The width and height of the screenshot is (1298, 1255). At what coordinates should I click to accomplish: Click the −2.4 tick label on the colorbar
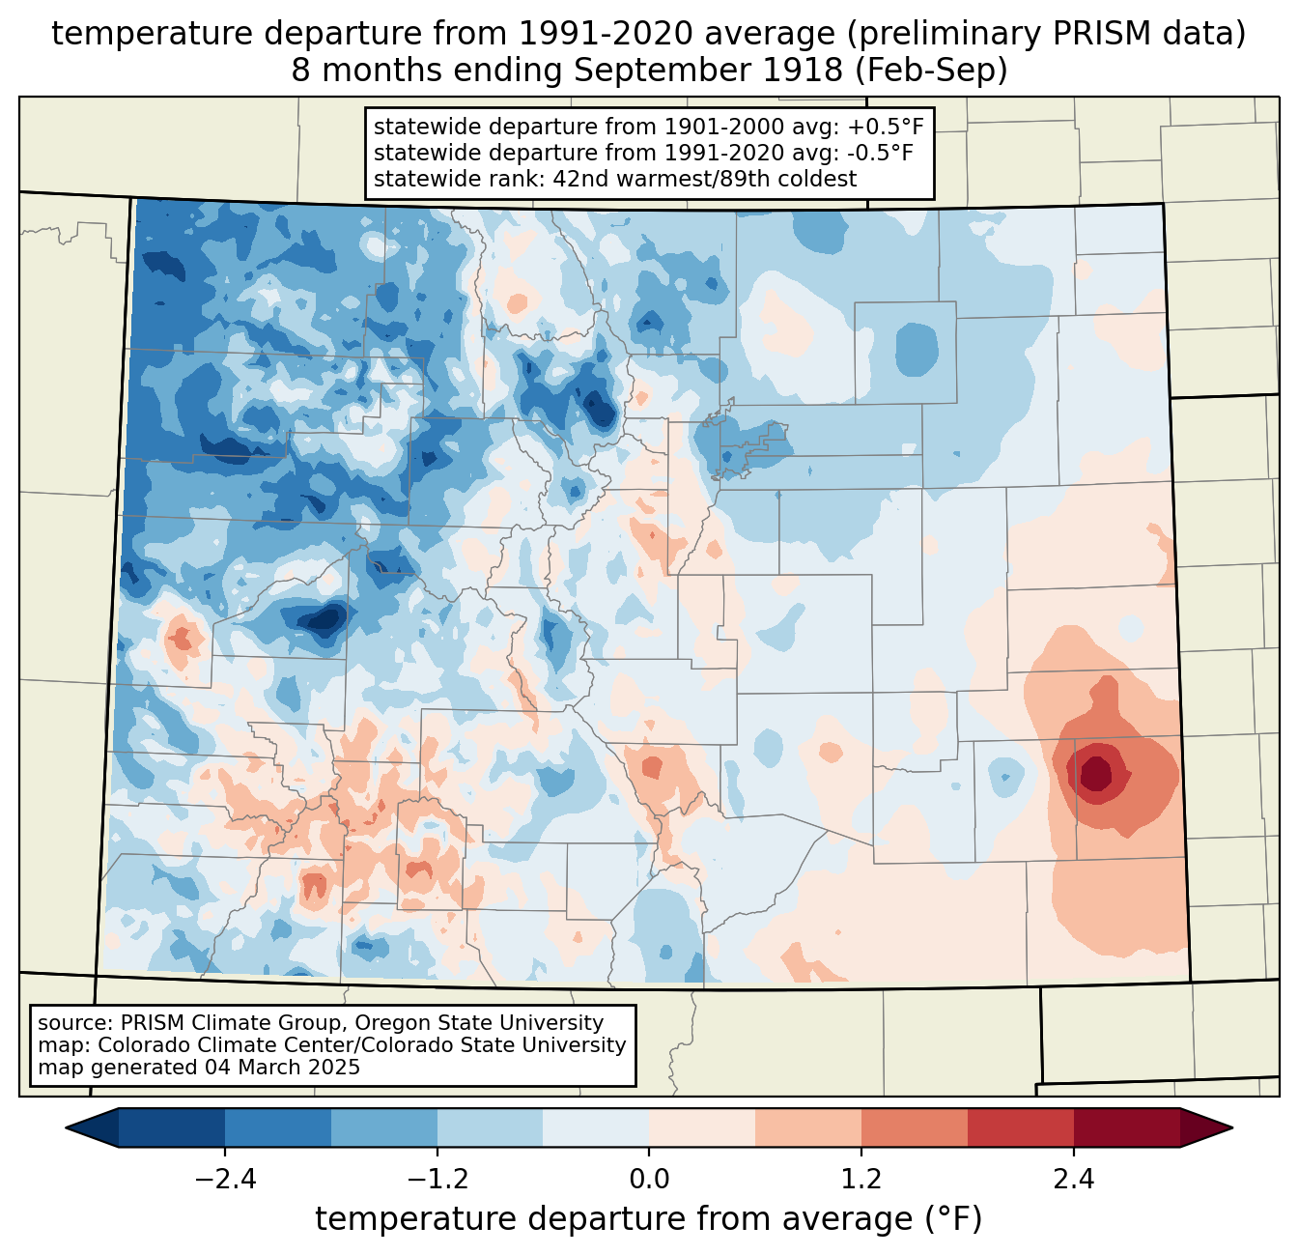(x=225, y=1180)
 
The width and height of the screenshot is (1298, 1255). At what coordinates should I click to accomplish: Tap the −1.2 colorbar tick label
(x=437, y=1180)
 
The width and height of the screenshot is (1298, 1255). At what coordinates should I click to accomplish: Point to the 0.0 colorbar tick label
(x=649, y=1180)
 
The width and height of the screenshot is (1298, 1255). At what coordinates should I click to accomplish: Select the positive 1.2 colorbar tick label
(x=861, y=1180)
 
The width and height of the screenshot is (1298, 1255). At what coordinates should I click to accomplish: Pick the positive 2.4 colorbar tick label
(x=1073, y=1180)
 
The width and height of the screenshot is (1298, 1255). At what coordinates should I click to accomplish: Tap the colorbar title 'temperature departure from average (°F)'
(x=649, y=1219)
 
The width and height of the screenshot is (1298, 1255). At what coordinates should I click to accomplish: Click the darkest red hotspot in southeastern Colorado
(x=1096, y=773)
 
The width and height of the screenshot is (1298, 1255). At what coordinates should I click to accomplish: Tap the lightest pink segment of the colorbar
(x=702, y=1127)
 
